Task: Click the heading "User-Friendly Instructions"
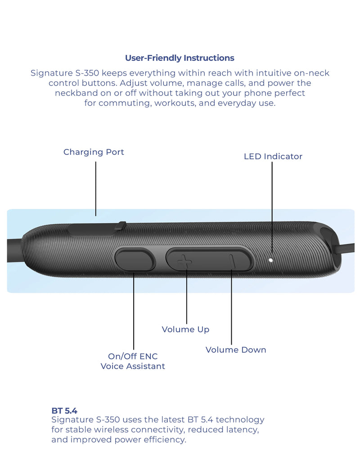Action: (180, 58)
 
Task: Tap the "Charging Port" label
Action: (94, 152)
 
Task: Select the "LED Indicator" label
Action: (273, 157)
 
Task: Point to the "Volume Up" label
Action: (185, 329)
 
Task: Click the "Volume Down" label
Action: (236, 350)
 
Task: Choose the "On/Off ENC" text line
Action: (133, 356)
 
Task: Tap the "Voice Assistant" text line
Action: (133, 366)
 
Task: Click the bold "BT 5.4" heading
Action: (64, 410)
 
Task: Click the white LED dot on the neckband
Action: (270, 260)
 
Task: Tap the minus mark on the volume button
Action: (231, 261)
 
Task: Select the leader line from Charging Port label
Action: (96, 189)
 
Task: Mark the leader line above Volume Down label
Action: (231, 310)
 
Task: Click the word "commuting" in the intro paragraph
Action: (120, 103)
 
